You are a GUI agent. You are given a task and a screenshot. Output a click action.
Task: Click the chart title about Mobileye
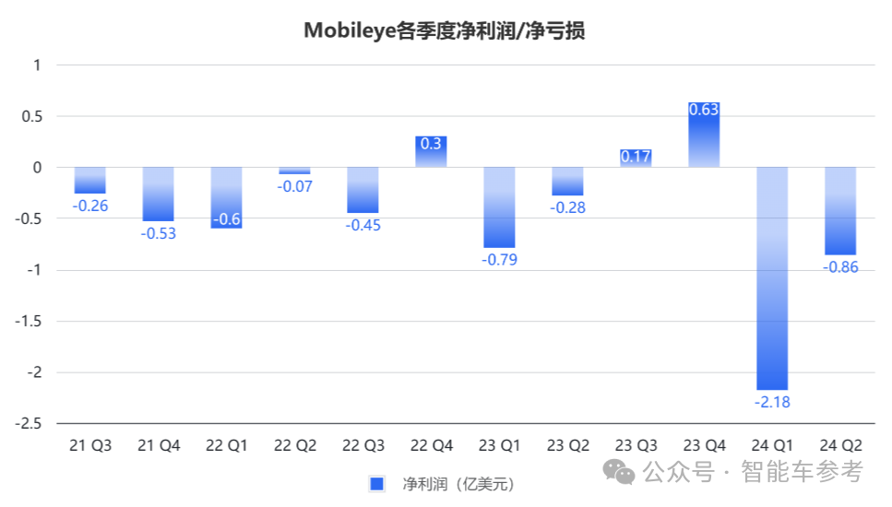point(445,30)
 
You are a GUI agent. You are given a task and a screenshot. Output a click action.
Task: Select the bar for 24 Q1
point(772,277)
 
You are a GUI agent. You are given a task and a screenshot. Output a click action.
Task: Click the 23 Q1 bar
point(499,207)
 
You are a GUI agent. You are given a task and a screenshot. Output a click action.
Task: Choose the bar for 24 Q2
point(840,210)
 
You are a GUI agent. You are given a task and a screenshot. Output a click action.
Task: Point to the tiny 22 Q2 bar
point(295,171)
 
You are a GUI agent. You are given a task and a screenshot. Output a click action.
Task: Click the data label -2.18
point(772,402)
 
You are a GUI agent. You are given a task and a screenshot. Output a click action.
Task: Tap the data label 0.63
point(704,110)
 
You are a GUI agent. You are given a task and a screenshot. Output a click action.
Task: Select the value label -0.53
point(159,233)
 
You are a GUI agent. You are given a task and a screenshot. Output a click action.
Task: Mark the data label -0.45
point(363,226)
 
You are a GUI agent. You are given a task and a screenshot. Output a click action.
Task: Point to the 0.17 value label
point(636,157)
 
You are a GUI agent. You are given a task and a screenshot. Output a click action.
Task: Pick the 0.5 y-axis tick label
point(31,116)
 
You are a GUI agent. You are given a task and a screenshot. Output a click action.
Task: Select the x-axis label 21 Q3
point(90,446)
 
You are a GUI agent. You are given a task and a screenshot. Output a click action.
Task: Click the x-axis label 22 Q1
point(227,446)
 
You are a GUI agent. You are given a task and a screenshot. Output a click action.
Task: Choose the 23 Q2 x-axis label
point(567,446)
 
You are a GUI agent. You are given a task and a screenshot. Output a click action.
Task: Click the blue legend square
point(376,483)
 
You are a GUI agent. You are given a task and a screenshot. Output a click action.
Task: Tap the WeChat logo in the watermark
point(619,472)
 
